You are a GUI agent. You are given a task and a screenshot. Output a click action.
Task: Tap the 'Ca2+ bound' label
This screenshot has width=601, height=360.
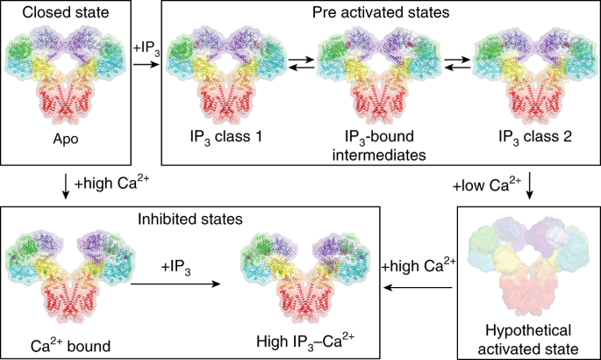[x=69, y=345]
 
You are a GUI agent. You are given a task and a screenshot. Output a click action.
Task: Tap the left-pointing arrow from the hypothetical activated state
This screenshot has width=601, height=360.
[x=416, y=284]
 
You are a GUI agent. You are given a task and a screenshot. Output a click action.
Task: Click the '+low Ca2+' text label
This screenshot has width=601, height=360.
[x=483, y=185]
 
